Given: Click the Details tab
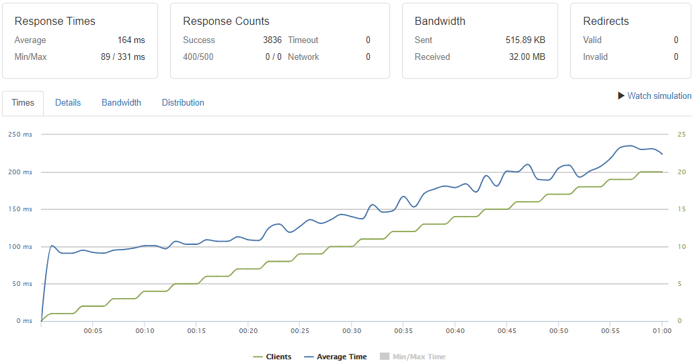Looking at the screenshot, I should click(x=68, y=103).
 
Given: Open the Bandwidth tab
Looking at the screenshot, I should click(x=121, y=103).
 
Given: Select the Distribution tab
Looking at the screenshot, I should click(x=183, y=103).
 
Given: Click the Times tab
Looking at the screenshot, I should click(x=23, y=103).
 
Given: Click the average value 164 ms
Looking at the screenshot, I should click(x=131, y=40).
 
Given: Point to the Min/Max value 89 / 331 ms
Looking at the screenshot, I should click(x=122, y=57).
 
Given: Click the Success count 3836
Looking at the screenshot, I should click(x=272, y=40).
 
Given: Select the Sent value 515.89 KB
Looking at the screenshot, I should click(x=525, y=40).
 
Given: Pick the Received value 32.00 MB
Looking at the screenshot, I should click(x=527, y=57).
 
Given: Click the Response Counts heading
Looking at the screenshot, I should click(x=226, y=22).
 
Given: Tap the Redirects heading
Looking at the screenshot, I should click(x=605, y=22).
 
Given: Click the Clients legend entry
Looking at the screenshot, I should click(x=272, y=357).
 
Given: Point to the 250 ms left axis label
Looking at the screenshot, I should click(x=20, y=135).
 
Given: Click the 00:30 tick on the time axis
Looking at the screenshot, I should click(x=352, y=331).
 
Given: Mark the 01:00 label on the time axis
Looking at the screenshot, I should click(x=662, y=331).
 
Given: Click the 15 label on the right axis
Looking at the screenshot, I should click(x=681, y=209).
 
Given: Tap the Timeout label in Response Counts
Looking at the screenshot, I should click(x=303, y=40).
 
